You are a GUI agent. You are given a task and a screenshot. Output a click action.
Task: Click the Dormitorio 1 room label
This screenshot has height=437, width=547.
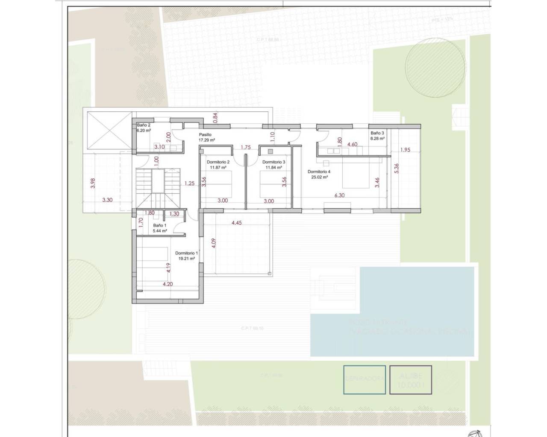(186, 253)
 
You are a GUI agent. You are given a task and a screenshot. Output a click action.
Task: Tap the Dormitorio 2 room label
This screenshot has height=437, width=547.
(218, 162)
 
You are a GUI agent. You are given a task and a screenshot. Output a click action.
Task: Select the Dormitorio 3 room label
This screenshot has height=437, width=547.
(273, 162)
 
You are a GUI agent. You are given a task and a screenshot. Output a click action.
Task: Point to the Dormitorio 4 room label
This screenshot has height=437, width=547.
(319, 172)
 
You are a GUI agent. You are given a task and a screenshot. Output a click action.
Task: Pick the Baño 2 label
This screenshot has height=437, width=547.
(143, 125)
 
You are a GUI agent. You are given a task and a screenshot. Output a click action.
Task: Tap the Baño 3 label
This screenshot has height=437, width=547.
(377, 133)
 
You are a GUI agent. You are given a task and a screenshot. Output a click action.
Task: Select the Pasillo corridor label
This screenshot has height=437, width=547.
(205, 134)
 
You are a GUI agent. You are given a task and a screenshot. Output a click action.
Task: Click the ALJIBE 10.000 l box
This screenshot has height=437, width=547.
(410, 380)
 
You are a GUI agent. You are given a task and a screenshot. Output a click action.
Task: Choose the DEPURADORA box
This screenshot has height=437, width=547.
(365, 379)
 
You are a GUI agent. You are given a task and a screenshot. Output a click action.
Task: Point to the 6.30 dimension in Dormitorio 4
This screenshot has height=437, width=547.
(339, 195)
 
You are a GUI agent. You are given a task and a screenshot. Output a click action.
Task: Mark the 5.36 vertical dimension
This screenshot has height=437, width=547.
(396, 169)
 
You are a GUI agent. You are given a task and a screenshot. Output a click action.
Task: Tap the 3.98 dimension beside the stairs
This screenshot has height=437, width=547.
(93, 184)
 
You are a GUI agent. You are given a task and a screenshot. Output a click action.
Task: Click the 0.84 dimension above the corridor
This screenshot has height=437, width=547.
(215, 117)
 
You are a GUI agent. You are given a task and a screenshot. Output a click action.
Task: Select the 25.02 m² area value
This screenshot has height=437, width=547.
(319, 177)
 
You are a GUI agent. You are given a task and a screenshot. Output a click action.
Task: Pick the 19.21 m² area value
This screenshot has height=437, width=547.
(187, 258)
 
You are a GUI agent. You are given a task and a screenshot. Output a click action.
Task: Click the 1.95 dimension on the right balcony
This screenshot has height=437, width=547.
(406, 149)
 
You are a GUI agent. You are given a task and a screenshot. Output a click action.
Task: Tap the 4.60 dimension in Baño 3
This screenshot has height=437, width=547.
(352, 144)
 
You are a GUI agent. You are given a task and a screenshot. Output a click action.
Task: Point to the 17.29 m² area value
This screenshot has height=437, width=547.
(206, 140)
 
